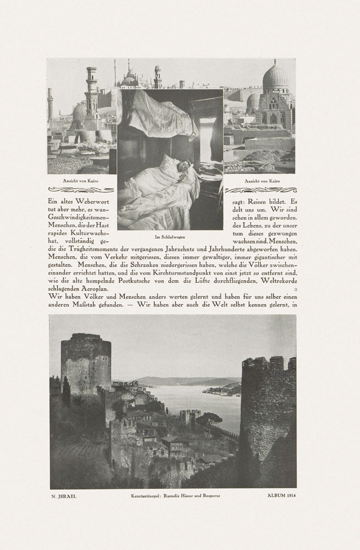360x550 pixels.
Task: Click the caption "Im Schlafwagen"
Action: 169,237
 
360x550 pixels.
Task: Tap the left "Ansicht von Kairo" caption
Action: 81,180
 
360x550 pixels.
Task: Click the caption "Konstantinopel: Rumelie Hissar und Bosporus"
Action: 171,496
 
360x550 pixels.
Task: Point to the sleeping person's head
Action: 184,164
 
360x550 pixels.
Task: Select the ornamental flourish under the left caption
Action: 81,190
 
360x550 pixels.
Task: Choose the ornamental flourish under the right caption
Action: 261,190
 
